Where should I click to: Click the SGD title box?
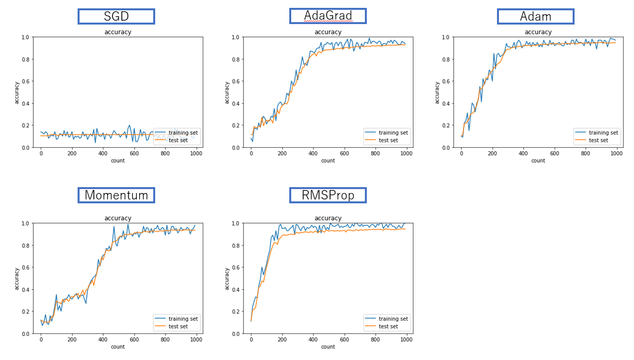116,16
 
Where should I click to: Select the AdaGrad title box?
328,16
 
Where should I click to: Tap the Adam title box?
535,16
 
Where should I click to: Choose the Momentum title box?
116,195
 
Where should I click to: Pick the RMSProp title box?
328,195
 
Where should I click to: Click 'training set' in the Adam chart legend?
604,133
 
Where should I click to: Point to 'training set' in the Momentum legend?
183,319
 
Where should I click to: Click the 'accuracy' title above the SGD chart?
118,32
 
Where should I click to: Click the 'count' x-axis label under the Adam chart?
538,161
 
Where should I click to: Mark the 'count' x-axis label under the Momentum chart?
118,347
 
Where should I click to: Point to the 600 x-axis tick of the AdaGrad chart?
344,153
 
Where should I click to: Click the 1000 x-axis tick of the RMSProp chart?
406,339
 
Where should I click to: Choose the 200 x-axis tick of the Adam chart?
492,153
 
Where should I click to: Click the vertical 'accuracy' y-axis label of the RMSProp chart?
227,278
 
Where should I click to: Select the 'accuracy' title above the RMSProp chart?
328,219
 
